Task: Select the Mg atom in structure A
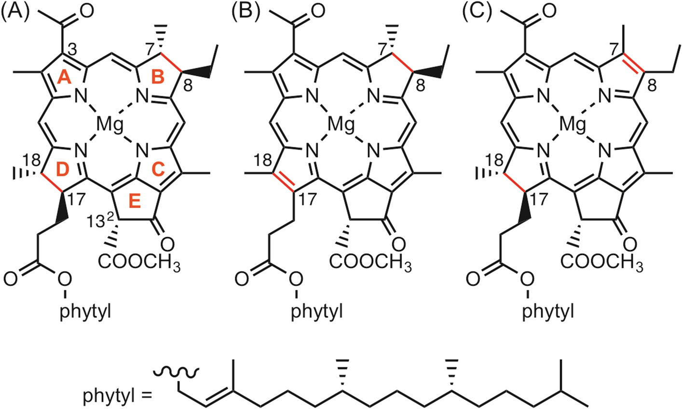[109, 125]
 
